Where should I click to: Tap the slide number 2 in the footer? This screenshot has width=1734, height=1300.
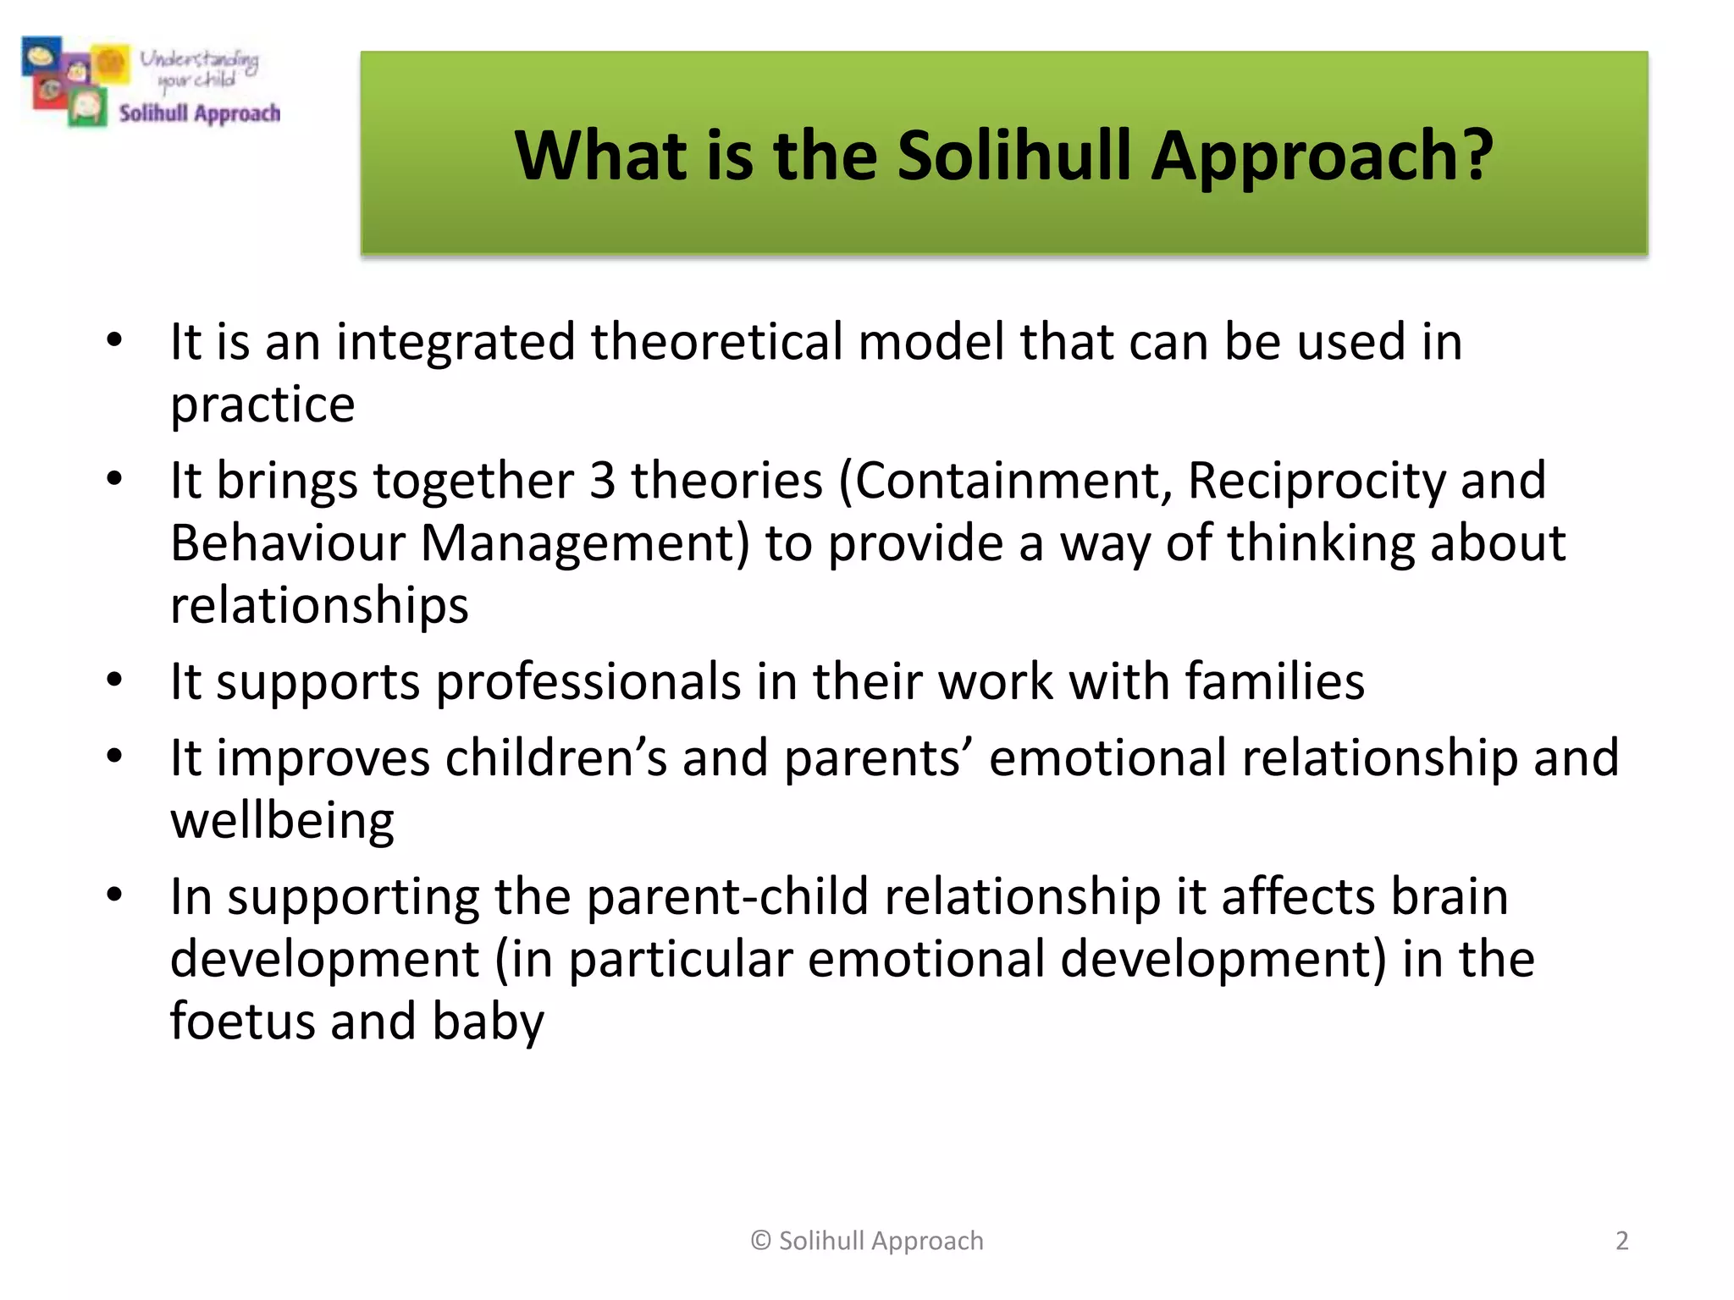(x=1621, y=1241)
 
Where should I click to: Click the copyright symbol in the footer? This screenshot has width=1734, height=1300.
(x=760, y=1241)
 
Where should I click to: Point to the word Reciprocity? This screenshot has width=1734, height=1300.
(x=1316, y=480)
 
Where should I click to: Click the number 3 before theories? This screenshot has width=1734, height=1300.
(x=602, y=480)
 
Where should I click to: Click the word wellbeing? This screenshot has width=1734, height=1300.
(x=282, y=821)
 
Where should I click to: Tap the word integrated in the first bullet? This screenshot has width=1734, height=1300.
(x=456, y=343)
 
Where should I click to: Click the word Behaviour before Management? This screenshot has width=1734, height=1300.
(x=288, y=543)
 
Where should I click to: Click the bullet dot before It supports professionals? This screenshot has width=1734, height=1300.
(x=115, y=680)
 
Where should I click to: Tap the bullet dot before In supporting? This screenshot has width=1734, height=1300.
(x=115, y=895)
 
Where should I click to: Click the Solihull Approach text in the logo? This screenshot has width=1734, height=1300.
(x=200, y=113)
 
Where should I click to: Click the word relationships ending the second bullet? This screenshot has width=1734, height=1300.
(x=319, y=606)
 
